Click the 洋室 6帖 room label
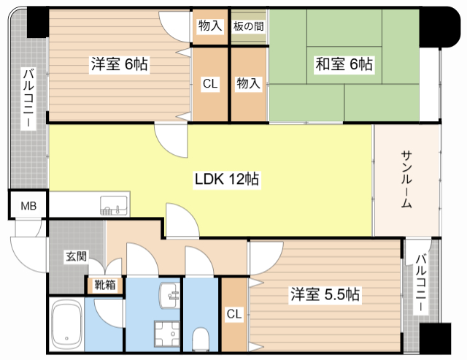[119, 64]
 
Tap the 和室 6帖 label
[344, 64]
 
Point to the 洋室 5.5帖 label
[325, 295]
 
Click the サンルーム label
[406, 180]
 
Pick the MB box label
[28, 206]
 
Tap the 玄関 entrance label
[76, 256]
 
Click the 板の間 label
[249, 26]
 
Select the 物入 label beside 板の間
[210, 26]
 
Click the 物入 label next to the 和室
[248, 83]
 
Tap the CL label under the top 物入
[210, 84]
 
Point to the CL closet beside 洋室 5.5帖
[233, 314]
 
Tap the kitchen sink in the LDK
[113, 207]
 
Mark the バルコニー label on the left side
[28, 98]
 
